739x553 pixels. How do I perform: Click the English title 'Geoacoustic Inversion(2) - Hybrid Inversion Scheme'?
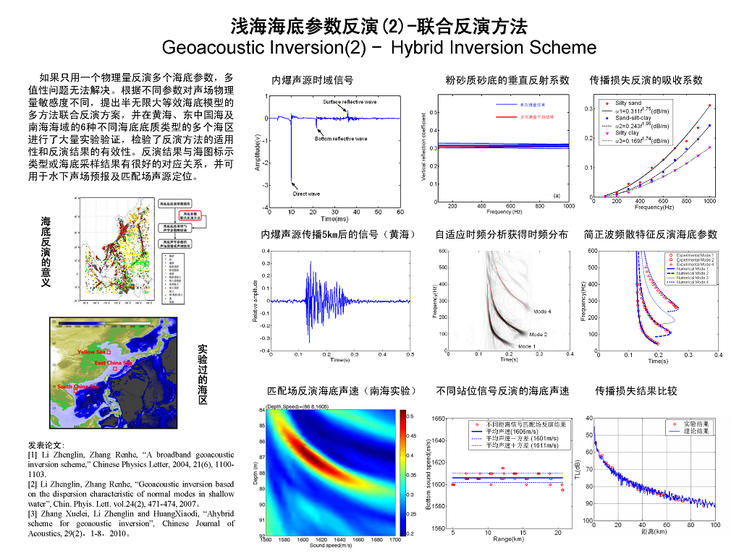[379, 48]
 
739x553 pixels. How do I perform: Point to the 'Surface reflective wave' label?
[350, 102]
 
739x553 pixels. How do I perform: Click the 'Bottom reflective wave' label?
[341, 139]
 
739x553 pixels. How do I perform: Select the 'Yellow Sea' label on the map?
[92, 352]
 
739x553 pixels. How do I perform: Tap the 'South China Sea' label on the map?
[77, 387]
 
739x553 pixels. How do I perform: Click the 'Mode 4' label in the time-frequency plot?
[541, 312]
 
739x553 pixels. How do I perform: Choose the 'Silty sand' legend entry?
[628, 103]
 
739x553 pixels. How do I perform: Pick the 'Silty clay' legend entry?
[627, 133]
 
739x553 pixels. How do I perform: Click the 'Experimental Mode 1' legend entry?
[695, 255]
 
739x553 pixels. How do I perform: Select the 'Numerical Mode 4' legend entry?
[693, 281]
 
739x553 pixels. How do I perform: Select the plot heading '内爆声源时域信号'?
[312, 80]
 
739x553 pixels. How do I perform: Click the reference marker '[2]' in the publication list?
[32, 484]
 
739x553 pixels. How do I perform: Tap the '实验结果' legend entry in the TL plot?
[688, 424]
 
